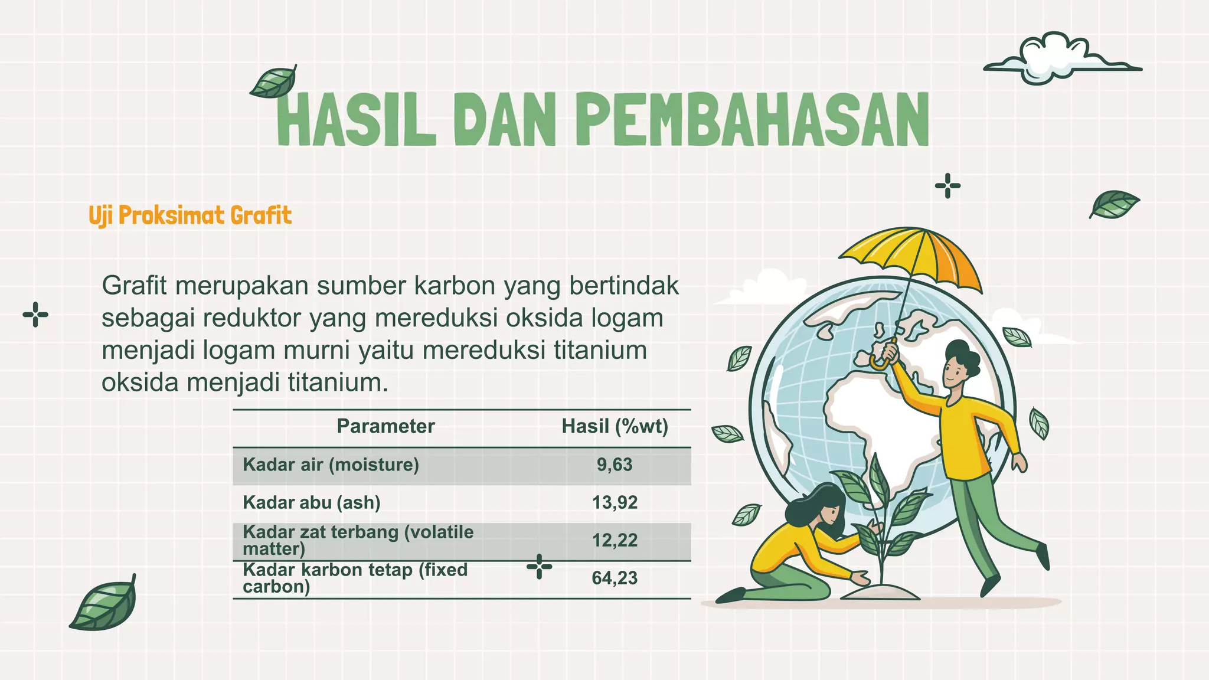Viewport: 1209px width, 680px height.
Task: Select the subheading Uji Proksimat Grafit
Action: point(190,215)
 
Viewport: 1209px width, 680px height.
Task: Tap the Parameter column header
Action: point(385,426)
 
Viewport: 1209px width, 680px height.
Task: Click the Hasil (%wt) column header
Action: point(615,426)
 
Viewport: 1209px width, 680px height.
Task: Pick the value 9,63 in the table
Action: point(615,465)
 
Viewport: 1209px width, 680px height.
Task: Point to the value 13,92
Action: point(615,502)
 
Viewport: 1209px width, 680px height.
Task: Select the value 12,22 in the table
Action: point(615,540)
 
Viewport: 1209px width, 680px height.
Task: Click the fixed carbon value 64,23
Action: point(615,578)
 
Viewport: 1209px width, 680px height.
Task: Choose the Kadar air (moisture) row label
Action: point(331,465)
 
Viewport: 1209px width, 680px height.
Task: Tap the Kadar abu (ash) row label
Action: point(311,502)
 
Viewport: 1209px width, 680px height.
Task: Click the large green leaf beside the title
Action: point(273,83)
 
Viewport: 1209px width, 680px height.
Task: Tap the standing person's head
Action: point(959,366)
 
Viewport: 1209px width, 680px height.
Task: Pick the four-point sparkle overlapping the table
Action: point(539,567)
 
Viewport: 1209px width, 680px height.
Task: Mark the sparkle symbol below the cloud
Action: point(947,186)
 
